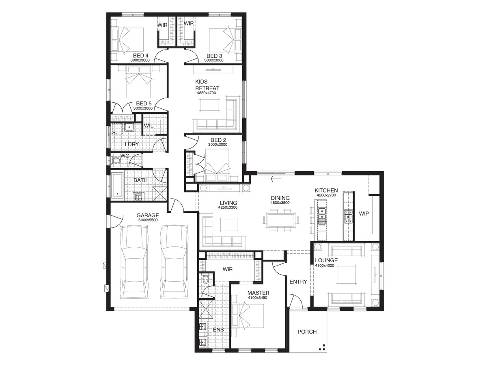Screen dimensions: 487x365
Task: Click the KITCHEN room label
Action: point(326,190)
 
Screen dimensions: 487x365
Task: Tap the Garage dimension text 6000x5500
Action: point(148,220)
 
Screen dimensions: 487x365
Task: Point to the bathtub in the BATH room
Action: point(117,186)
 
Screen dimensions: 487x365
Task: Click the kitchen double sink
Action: point(322,214)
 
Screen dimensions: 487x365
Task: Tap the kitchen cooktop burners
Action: point(348,216)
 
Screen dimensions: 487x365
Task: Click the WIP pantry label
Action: point(364,214)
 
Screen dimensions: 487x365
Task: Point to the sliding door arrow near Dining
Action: point(276,178)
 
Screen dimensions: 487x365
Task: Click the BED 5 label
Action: point(144,104)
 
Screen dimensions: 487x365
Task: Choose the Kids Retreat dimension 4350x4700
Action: point(206,93)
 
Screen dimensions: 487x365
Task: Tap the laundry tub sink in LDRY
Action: point(129,127)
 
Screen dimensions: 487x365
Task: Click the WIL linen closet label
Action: point(149,125)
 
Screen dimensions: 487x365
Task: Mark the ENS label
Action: point(218,330)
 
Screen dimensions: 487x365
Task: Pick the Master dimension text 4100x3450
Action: point(257,298)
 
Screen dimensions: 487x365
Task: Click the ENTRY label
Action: point(298,282)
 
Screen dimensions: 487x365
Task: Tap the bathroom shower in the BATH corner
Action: point(159,194)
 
